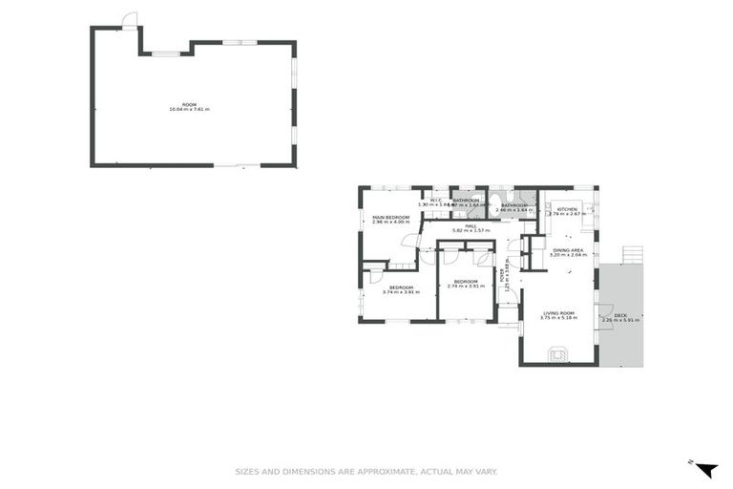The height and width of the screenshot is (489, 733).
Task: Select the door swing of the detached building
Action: (x=130, y=20)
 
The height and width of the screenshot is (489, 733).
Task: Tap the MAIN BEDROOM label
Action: (x=390, y=219)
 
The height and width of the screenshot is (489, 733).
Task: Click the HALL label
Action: (x=471, y=227)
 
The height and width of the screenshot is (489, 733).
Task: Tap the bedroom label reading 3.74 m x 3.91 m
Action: (x=401, y=289)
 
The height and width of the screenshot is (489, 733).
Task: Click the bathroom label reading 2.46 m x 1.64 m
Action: (x=514, y=206)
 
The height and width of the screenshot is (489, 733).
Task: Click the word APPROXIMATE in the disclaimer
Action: (x=362, y=471)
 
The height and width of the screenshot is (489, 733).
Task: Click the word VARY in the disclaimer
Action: (x=485, y=471)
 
